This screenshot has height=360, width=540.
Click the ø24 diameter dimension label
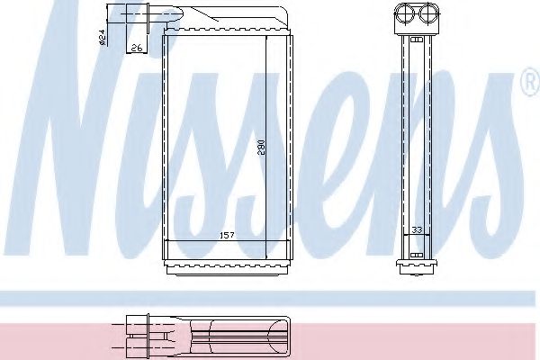click(102, 37)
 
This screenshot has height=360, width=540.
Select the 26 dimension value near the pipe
click(136, 48)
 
